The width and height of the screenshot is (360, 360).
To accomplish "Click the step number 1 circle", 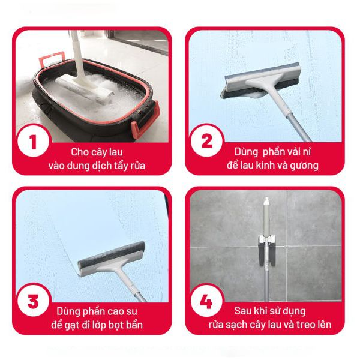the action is click(x=34, y=141).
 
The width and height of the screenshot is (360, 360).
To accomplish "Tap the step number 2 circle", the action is click(x=207, y=141).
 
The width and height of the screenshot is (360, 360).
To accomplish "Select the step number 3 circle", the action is click(x=34, y=301).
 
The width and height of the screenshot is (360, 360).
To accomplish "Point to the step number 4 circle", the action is click(x=207, y=301).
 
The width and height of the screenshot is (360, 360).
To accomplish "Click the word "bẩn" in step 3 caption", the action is click(x=134, y=325).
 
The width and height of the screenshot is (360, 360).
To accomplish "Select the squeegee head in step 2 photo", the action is click(x=260, y=81).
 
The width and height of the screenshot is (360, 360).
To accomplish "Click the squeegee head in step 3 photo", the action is click(x=112, y=259).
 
